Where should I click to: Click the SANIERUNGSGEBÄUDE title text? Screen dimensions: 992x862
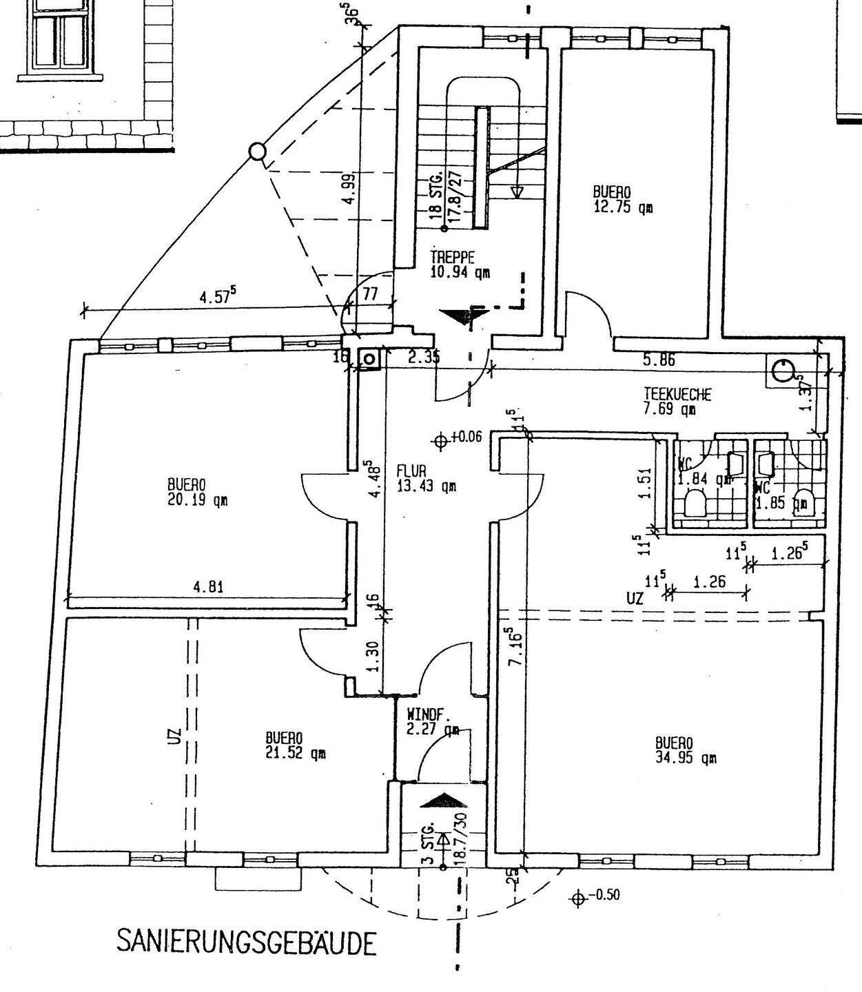pyautogui.click(x=247, y=942)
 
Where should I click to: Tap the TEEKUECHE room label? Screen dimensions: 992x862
pyautogui.click(x=677, y=395)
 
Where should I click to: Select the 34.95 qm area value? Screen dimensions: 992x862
pyautogui.click(x=686, y=758)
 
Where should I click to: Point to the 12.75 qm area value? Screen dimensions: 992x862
pyautogui.click(x=622, y=207)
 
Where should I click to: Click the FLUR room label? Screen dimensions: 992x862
pyautogui.click(x=413, y=471)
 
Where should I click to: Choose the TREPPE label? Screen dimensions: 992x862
pyautogui.click(x=452, y=258)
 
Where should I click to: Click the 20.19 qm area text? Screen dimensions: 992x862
pyautogui.click(x=197, y=500)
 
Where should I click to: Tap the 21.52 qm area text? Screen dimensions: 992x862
pyautogui.click(x=296, y=754)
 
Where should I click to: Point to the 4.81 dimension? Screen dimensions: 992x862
pyautogui.click(x=208, y=588)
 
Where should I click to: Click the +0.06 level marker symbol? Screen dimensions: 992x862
pyautogui.click(x=442, y=440)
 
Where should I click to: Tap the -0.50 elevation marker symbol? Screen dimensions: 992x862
pyautogui.click(x=578, y=897)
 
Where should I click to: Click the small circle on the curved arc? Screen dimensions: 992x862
pyautogui.click(x=256, y=151)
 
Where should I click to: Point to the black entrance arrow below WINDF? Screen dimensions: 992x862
pyautogui.click(x=443, y=801)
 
